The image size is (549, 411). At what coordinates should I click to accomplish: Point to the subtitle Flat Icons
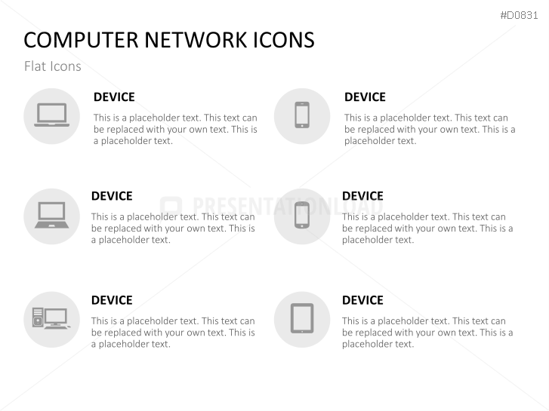(x=52, y=66)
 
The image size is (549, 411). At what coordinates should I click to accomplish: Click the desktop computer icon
(x=51, y=318)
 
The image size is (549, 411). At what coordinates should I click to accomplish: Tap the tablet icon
(x=301, y=318)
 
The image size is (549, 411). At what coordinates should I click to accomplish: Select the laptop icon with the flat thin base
(x=51, y=115)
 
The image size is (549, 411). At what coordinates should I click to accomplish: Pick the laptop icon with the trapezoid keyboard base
(x=51, y=215)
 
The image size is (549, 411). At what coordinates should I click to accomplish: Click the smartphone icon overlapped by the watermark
(x=301, y=215)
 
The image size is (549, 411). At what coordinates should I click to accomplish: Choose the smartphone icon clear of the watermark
(x=301, y=115)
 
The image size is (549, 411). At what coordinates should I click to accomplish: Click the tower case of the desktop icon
(x=39, y=317)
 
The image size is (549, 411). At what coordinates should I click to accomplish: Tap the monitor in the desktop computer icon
(x=56, y=316)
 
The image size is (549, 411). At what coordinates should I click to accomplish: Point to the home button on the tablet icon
(x=301, y=330)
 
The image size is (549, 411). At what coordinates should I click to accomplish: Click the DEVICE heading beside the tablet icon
(x=362, y=300)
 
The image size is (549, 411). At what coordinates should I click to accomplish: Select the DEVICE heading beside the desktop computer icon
(x=112, y=300)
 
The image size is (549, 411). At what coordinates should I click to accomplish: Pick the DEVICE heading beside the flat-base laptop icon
(x=114, y=97)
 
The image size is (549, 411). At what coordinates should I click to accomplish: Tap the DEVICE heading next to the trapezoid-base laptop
(x=112, y=196)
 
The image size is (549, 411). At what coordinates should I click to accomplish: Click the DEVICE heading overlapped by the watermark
(x=362, y=196)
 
